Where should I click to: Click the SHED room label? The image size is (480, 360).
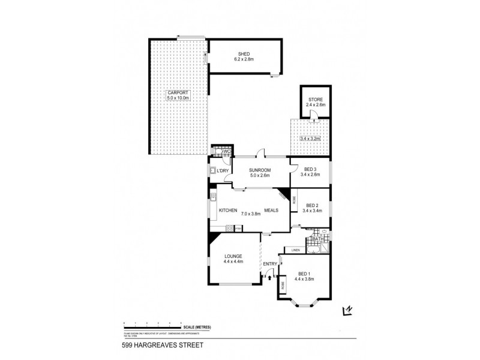(244, 53)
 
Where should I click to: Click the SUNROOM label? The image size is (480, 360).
(260, 170)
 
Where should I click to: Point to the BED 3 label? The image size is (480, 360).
(310, 169)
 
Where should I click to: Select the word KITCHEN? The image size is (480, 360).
(228, 211)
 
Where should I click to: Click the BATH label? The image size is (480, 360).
(317, 239)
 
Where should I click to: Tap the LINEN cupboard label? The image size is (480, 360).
(295, 250)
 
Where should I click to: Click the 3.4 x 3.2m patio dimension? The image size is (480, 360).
(311, 139)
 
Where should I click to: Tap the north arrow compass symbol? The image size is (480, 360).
(346, 310)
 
